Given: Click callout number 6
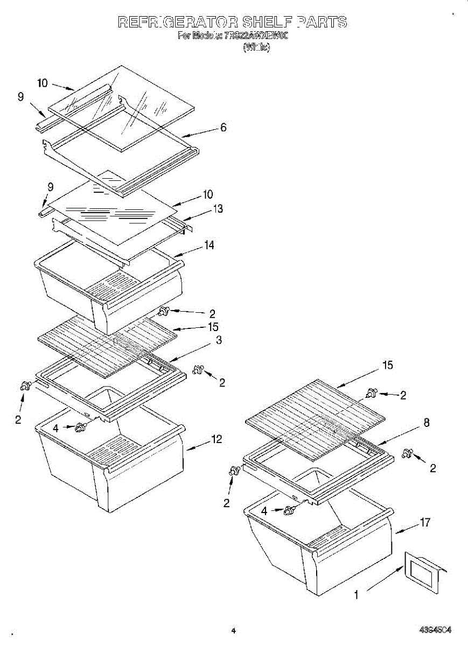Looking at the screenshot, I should pos(223,128).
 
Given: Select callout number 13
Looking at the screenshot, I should pos(218,209).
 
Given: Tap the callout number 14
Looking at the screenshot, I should pos(209,245).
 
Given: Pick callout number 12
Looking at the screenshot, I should pos(216,439).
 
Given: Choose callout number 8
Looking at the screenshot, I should pos(426,423).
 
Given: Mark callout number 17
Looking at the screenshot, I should pos(425,522).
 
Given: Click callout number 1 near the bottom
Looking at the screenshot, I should pos(356,595).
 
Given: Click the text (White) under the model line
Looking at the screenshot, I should pos(256,47).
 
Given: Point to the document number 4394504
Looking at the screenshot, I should pos(435,629).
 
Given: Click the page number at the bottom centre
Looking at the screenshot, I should pos(234,630).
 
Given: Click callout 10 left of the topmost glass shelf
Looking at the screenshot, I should pos(43,83).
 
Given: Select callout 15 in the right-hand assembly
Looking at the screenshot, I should pos(387,366).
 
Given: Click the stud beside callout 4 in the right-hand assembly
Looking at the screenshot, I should pos(290,510).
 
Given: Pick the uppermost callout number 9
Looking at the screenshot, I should pos(20,97).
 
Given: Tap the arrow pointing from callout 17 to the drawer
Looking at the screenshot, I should pos(406,528).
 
